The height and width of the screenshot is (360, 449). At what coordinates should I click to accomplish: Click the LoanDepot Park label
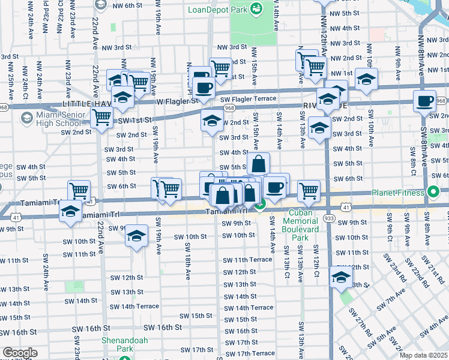pyautogui.click(x=218, y=10)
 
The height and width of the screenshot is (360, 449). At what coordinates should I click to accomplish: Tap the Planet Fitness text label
pyautogui.click(x=397, y=193)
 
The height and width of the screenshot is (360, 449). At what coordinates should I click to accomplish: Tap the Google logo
pyautogui.click(x=20, y=353)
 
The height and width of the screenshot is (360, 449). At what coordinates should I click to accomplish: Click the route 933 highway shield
pyautogui.click(x=330, y=218)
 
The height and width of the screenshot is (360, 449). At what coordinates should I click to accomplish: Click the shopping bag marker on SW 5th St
pyautogui.click(x=258, y=163)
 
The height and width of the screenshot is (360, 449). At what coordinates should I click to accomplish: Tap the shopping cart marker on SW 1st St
pyautogui.click(x=101, y=118)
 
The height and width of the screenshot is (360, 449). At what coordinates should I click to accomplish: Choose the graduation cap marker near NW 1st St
pyautogui.click(x=366, y=79)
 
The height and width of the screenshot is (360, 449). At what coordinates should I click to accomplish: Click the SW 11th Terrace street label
pyautogui.click(x=247, y=260)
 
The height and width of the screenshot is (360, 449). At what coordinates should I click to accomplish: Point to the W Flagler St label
pyautogui.click(x=177, y=101)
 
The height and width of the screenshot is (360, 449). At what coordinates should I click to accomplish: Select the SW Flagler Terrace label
pyautogui.click(x=247, y=99)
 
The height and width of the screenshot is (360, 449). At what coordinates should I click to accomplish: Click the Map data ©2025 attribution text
pyautogui.click(x=423, y=355)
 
